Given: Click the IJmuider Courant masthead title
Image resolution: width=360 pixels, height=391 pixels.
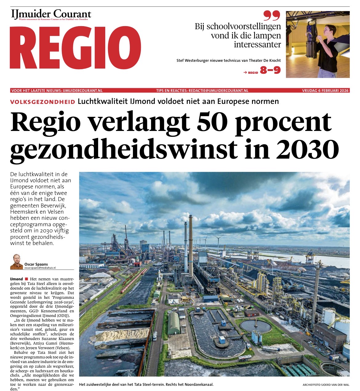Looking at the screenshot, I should [51, 14].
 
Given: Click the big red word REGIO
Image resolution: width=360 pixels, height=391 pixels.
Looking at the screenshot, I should [75, 48].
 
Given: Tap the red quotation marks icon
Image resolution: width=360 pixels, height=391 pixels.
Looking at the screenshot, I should [272, 16].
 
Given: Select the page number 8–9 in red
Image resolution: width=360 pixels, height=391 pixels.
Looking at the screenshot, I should [270, 70].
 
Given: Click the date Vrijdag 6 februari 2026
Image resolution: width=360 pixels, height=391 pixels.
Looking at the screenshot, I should [325, 91].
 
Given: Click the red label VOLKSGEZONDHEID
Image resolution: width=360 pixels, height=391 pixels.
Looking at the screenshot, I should [42, 102].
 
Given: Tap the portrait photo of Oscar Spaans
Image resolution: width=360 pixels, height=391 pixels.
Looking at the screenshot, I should [17, 262].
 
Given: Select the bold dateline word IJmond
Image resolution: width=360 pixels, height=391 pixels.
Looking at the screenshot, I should [16, 279].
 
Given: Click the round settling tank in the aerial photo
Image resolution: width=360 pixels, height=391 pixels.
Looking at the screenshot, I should [256, 326].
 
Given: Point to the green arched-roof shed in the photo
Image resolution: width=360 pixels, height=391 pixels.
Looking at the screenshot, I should [174, 323].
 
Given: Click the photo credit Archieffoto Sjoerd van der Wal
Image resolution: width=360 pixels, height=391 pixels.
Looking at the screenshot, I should [326, 385].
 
